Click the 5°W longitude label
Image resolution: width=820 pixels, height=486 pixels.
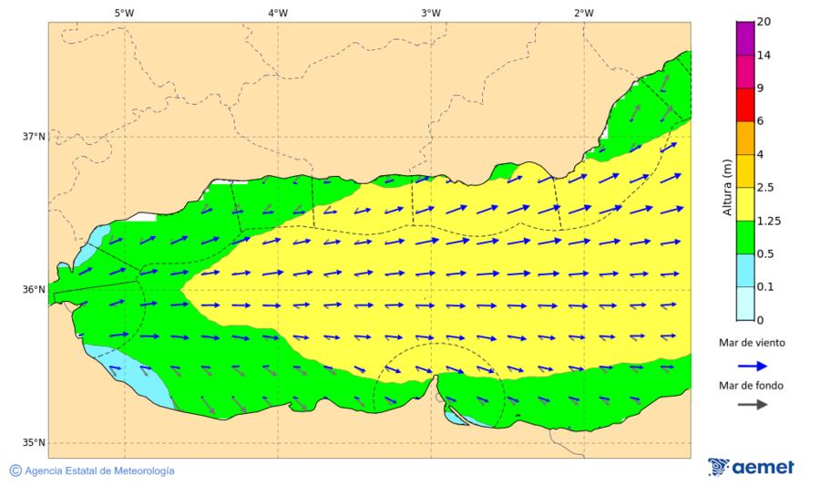point(124,13)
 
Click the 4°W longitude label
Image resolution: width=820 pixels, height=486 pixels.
point(278,13)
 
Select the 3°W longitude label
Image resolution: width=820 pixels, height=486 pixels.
point(431,13)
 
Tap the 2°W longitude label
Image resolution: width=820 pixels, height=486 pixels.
point(584,13)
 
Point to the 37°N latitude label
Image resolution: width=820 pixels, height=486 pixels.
point(34,137)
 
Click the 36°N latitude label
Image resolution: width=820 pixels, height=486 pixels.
point(34,290)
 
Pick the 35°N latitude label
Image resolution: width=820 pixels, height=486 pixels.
point(34,443)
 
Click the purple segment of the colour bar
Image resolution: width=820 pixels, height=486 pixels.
point(745,38)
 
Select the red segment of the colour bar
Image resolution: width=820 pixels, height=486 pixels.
point(745,105)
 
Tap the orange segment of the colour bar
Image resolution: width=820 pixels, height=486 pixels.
point(745,138)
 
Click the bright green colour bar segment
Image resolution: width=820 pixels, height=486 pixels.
point(745,237)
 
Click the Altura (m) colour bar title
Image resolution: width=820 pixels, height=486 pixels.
point(727,187)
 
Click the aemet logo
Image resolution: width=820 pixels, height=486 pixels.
point(751,467)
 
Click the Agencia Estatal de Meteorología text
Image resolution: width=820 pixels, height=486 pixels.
point(99,470)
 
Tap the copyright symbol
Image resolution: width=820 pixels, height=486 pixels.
point(15,470)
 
